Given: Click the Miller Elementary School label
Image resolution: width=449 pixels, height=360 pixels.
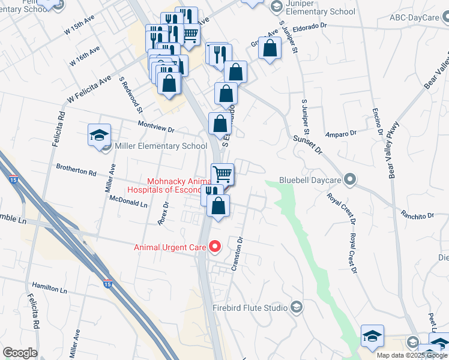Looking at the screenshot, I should [x=152, y=146].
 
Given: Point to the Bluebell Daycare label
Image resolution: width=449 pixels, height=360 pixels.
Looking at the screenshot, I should [x=310, y=180].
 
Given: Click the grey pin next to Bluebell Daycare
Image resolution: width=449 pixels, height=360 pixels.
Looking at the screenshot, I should [x=351, y=179].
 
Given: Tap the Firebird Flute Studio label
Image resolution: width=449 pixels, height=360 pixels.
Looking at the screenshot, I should [x=250, y=308].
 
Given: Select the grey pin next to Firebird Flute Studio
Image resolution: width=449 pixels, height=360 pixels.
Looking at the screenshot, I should [x=296, y=308].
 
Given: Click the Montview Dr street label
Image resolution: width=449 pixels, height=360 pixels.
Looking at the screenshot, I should [x=155, y=129].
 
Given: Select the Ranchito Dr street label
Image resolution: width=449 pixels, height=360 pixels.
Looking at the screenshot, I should [x=417, y=215].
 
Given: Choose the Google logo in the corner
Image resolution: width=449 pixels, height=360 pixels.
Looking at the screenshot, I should [x=20, y=353].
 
